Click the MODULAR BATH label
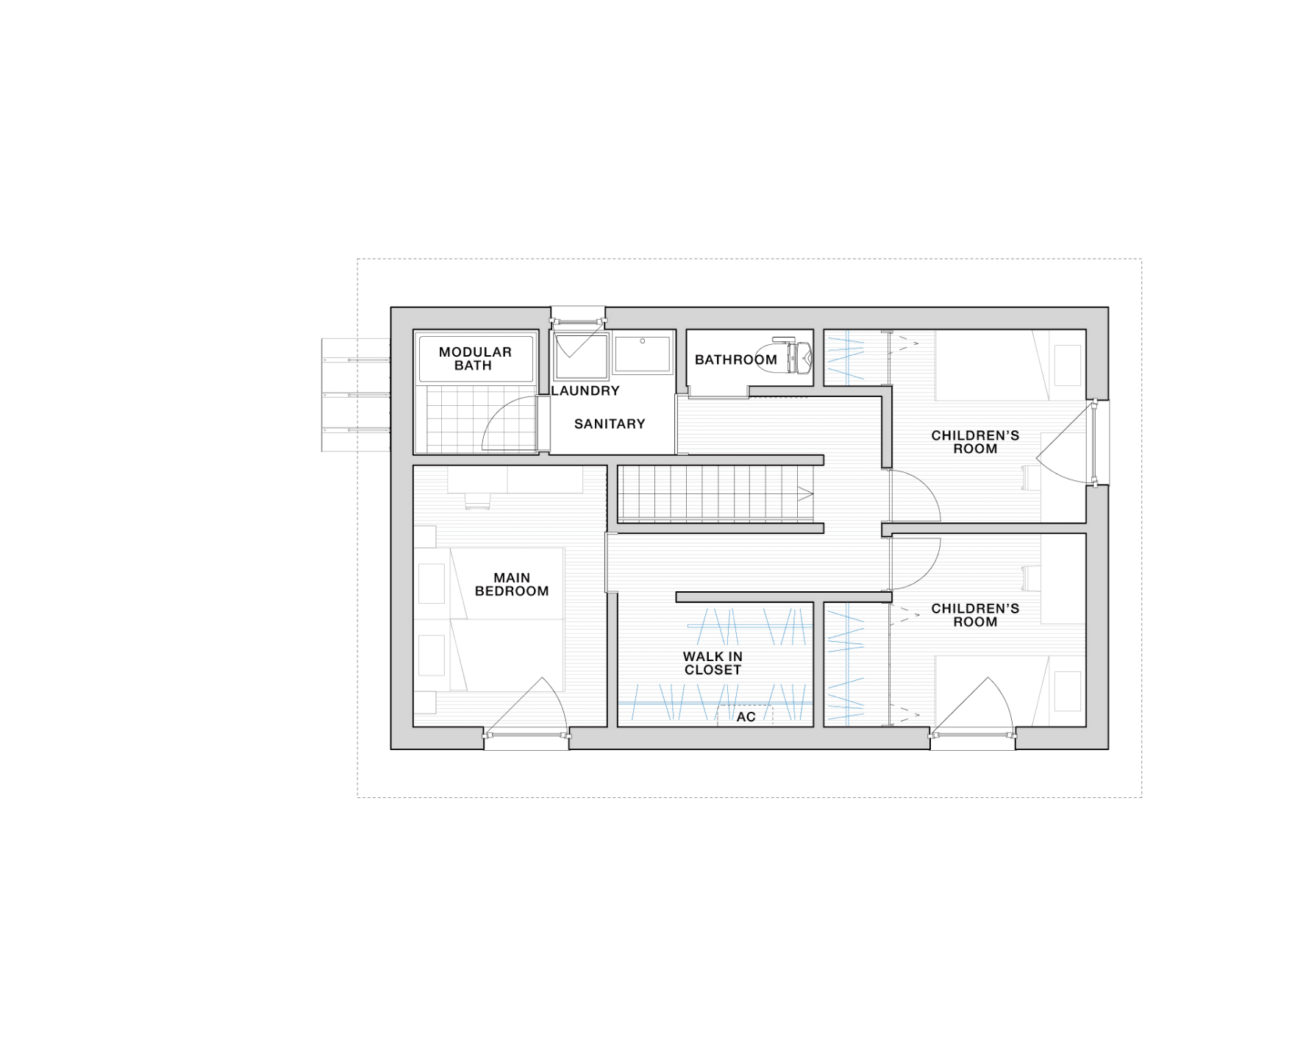tap(475, 358)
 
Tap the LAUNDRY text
tap(585, 390)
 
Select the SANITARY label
tap(610, 424)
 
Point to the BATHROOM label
tap(736, 360)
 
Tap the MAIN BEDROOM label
tap(512, 585)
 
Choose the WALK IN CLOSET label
tap(713, 663)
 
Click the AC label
tap(746, 717)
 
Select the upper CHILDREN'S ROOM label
tap(975, 442)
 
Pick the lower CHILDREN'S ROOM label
tap(975, 615)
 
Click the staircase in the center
tap(715, 494)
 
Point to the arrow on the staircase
tap(805, 494)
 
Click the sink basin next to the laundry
tap(643, 354)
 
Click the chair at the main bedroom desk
tap(477, 501)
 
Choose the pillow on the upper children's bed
tap(1067, 365)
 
